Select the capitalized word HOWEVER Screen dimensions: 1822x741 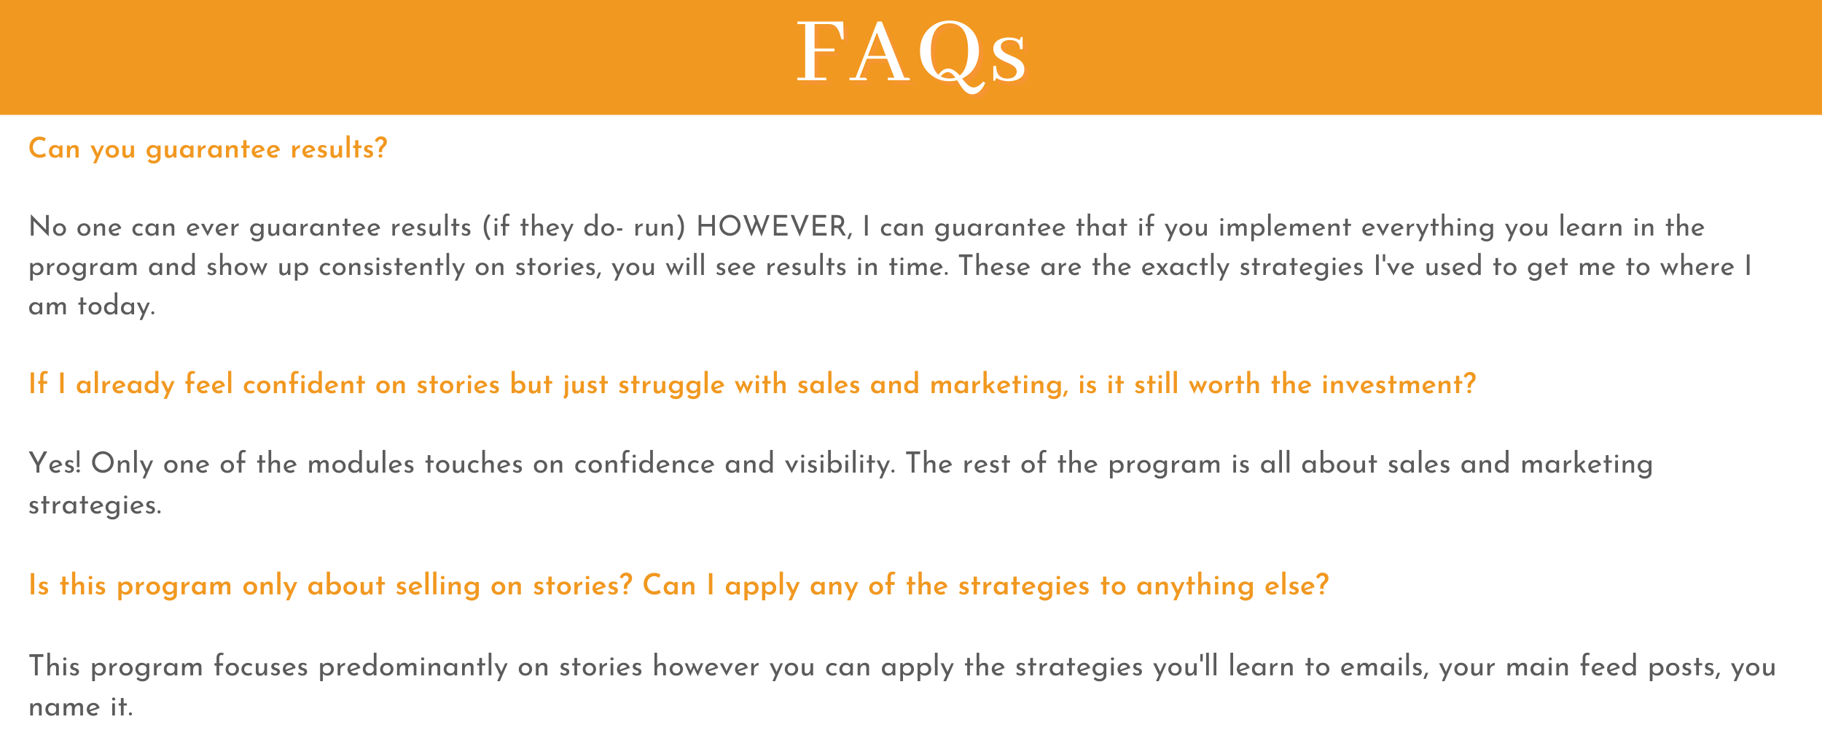[x=774, y=228]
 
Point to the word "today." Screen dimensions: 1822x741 [x=117, y=306]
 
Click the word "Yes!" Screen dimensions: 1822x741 [x=55, y=464]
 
